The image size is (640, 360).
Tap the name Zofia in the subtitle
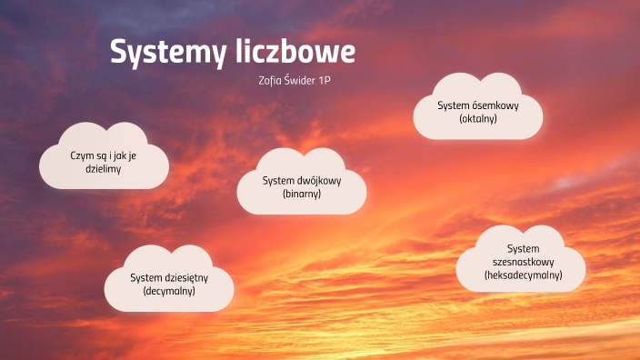click(271, 80)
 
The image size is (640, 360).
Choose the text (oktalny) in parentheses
click(478, 119)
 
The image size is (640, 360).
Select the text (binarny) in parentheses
click(302, 194)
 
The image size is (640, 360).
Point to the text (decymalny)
click(169, 291)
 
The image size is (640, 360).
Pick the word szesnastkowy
click(523, 261)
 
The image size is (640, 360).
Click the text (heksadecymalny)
click(523, 275)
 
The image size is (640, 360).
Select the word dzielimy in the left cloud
click(103, 169)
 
